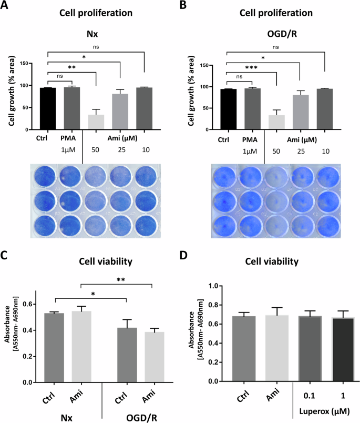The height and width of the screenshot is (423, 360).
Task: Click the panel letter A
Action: click(6, 7)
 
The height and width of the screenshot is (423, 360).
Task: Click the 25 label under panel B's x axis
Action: click(300, 151)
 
